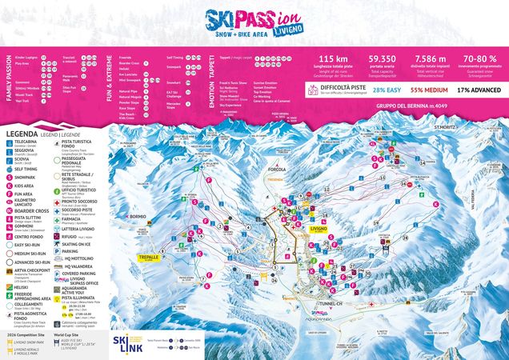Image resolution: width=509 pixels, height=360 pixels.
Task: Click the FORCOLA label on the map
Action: point(278,169)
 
